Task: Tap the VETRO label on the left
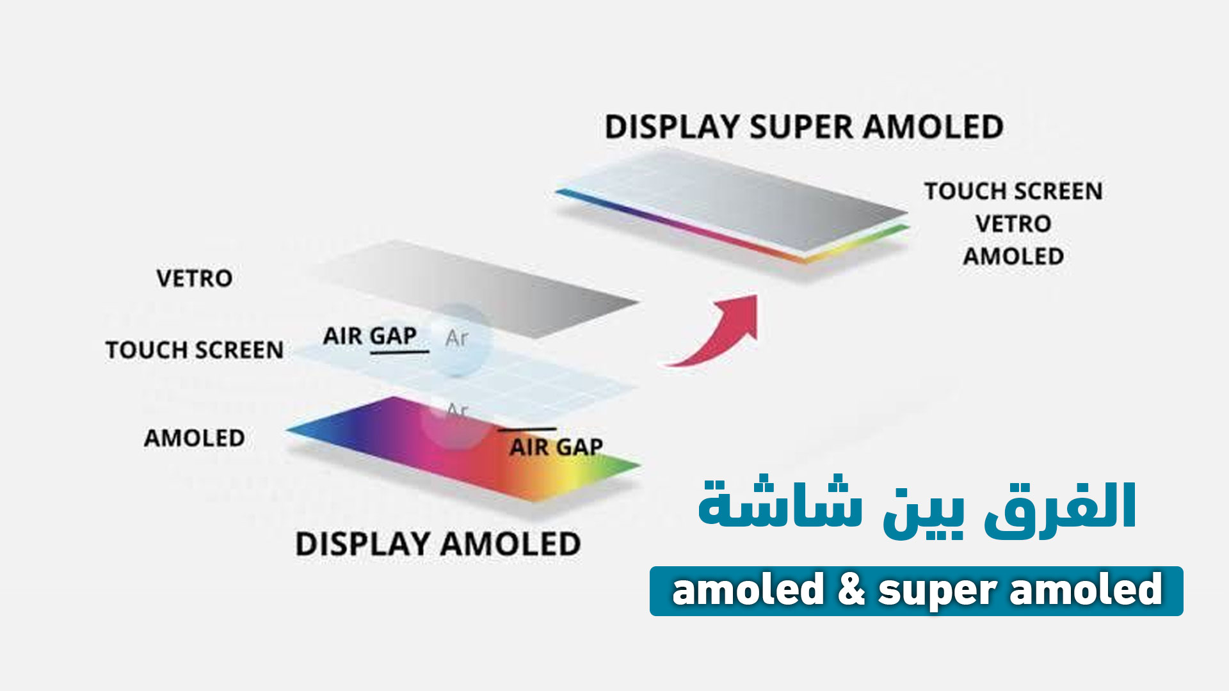coord(194,279)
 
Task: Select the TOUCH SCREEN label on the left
coord(194,350)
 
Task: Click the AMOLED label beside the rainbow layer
coord(194,438)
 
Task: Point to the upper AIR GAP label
coord(369,336)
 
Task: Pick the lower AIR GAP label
coord(556,447)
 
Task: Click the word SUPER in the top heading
coord(805,127)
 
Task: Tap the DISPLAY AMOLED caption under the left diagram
coord(438,544)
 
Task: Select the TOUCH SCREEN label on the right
coord(1013,191)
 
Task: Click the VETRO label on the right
coord(1013,224)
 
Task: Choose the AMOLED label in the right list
coord(1013,257)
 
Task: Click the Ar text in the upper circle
coord(456,338)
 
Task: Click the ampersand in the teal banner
coord(851,590)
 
